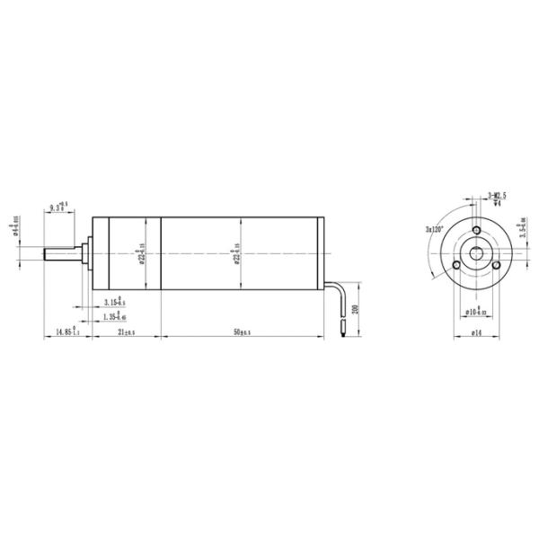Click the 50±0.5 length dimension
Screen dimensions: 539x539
tap(242, 331)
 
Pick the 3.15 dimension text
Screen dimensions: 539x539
tap(114, 301)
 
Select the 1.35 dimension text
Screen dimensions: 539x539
tap(114, 316)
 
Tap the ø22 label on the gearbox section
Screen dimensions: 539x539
tap(141, 254)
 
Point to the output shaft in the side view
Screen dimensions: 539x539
tap(63, 254)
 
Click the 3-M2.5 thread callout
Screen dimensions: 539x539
tap(495, 195)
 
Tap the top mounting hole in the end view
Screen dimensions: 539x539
tap(473, 230)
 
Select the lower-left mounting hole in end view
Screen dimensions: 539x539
tap(456, 266)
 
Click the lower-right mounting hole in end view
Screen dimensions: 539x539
tap(493, 266)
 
